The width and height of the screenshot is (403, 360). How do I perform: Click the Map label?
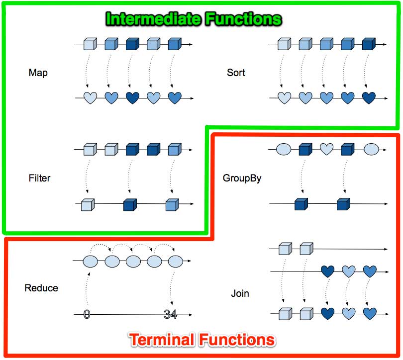[38, 73]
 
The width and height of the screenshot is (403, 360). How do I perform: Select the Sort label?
[236, 73]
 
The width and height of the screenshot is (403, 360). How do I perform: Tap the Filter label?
[39, 178]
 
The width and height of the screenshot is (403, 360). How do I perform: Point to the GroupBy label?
[242, 178]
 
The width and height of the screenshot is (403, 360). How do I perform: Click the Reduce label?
[41, 288]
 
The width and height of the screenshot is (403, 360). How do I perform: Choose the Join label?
[240, 293]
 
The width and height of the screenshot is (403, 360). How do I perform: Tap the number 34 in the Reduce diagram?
[170, 314]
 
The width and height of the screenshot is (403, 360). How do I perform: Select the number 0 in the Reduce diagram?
[87, 314]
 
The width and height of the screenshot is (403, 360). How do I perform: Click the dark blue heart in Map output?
[132, 98]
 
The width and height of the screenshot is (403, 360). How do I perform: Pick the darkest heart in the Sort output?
[369, 98]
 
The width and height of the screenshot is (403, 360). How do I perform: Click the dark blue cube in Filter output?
[130, 204]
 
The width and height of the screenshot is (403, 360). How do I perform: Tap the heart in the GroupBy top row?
[326, 148]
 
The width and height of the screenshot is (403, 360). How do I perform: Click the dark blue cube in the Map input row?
[132, 45]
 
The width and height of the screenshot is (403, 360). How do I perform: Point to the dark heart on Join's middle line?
[327, 271]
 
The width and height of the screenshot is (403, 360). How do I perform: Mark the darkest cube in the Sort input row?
[368, 45]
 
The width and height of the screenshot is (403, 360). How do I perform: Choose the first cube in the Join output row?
[284, 314]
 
